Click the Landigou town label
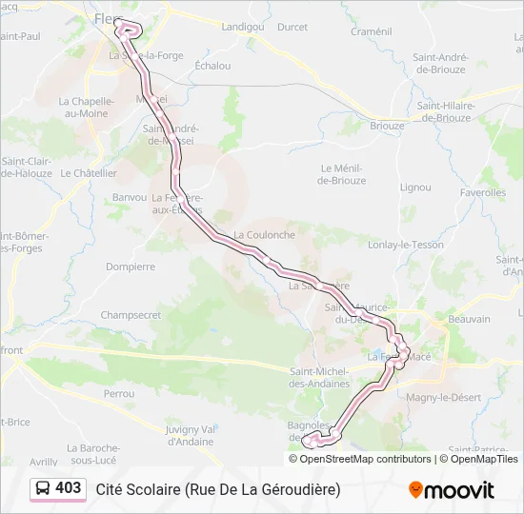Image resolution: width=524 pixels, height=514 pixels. tap(242, 27)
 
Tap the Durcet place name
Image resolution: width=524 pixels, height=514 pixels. tap(292, 27)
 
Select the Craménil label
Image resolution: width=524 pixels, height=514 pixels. tap(371, 31)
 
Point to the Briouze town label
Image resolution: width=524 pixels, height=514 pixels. tap(387, 126)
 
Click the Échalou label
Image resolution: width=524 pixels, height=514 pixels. tap(212, 66)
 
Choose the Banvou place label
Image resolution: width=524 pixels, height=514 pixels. tap(129, 197)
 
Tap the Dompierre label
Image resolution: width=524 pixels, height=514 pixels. tap(131, 267)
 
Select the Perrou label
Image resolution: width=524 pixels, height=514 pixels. tap(119, 393)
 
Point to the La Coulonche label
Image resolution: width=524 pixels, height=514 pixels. tap(265, 234)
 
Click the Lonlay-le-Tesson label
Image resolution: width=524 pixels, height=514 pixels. tap(408, 245)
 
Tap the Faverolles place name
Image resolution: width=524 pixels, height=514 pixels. tap(482, 192)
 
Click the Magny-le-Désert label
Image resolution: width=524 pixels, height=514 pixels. tap(440, 397)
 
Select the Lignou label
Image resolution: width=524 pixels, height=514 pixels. tap(415, 188)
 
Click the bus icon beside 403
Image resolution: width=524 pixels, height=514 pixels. tap(44, 488)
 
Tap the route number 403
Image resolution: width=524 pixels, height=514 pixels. tap(69, 488)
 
